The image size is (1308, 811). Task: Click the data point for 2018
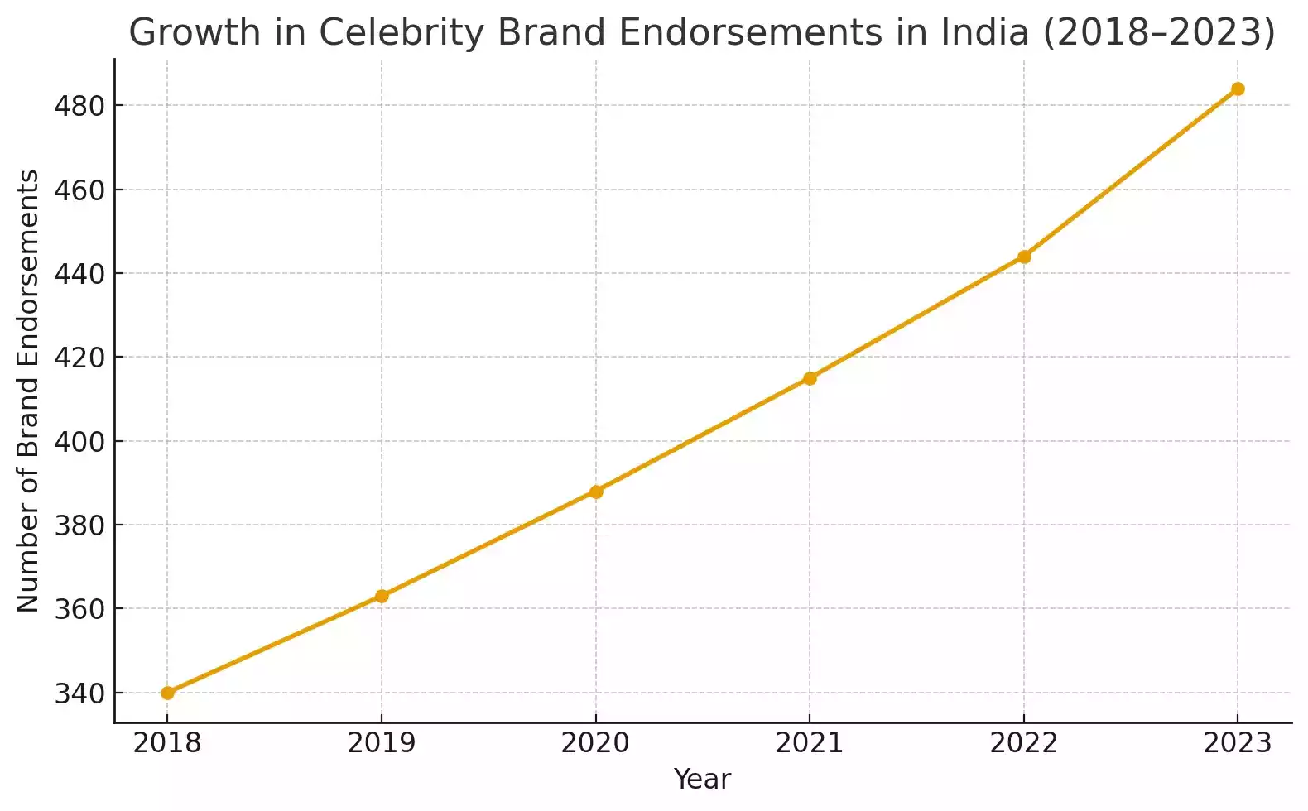pos(167,693)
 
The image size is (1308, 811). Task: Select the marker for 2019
pos(382,596)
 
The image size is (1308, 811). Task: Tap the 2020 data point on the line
pos(596,492)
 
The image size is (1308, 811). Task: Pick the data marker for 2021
pos(810,378)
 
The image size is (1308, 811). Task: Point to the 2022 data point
pos(1024,257)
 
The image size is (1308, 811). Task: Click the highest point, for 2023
pos(1238,89)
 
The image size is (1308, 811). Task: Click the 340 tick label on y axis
pos(80,693)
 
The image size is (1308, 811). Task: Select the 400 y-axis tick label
pos(80,442)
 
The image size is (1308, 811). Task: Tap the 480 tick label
pos(80,107)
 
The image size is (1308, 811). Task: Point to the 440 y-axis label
pos(80,274)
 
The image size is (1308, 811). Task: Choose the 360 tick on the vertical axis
pos(80,609)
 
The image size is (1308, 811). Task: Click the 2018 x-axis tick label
pos(167,743)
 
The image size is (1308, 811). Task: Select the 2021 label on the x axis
pos(810,743)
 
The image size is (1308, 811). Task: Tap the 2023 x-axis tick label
pos(1238,743)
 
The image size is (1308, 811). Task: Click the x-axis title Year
pos(702,779)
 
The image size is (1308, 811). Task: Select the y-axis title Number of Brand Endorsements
pos(28,391)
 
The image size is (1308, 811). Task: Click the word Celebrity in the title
pos(402,33)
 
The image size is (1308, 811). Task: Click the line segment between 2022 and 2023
pos(1131,173)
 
